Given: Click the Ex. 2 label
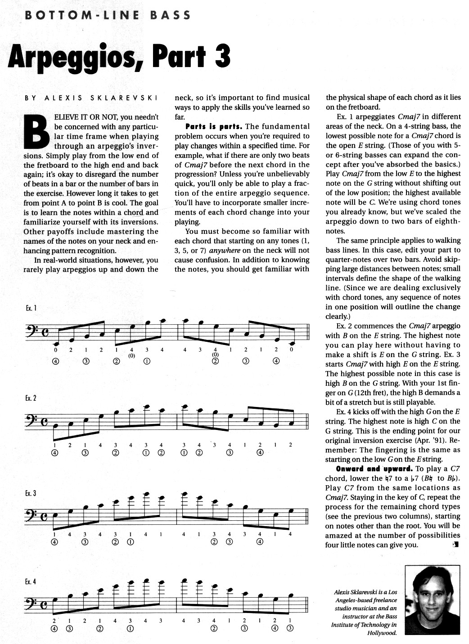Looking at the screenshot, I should coord(31,398).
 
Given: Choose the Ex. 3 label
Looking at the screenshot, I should coord(31,493).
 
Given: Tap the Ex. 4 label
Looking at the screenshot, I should coord(31,581).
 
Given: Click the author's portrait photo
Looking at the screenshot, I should coord(432,600).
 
